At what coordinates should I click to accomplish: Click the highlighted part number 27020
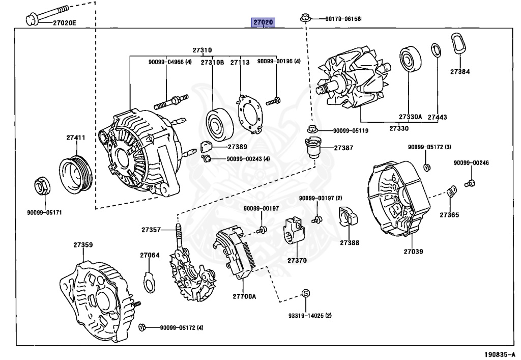pos(264,22)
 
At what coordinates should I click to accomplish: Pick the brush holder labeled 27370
pos(294,235)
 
